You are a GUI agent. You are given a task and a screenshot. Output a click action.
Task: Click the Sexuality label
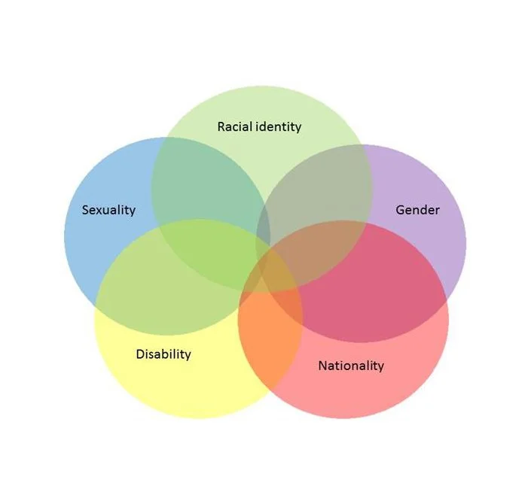(108, 210)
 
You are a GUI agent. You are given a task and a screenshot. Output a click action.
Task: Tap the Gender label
(417, 210)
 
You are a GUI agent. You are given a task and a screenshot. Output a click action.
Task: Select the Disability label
(163, 354)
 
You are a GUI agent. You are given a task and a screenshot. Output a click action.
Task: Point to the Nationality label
(350, 366)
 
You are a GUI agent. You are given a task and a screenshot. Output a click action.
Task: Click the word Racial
(234, 126)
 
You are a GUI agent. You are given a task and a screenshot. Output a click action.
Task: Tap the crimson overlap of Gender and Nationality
(377, 293)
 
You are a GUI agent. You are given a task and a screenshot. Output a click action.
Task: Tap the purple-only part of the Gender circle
(444, 241)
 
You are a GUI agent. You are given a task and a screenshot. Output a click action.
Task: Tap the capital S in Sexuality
(85, 210)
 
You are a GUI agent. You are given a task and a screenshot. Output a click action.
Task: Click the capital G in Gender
(400, 210)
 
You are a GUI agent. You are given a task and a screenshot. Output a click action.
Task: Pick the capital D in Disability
(140, 354)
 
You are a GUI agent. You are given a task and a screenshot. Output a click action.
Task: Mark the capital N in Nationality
(322, 366)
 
